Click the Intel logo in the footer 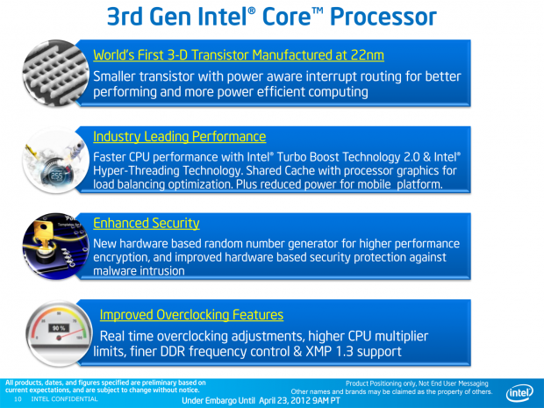(x=519, y=392)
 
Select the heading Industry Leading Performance (x=179, y=136)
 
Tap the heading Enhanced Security (x=146, y=223)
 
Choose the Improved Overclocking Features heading (x=191, y=315)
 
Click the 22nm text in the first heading (x=368, y=54)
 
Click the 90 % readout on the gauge (x=59, y=328)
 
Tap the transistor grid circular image (x=55, y=73)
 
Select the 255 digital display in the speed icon (x=57, y=175)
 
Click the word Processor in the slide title (x=383, y=17)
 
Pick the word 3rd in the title (x=125, y=17)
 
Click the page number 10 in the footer (x=18, y=399)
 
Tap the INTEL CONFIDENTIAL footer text (x=65, y=399)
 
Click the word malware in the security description (x=113, y=270)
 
